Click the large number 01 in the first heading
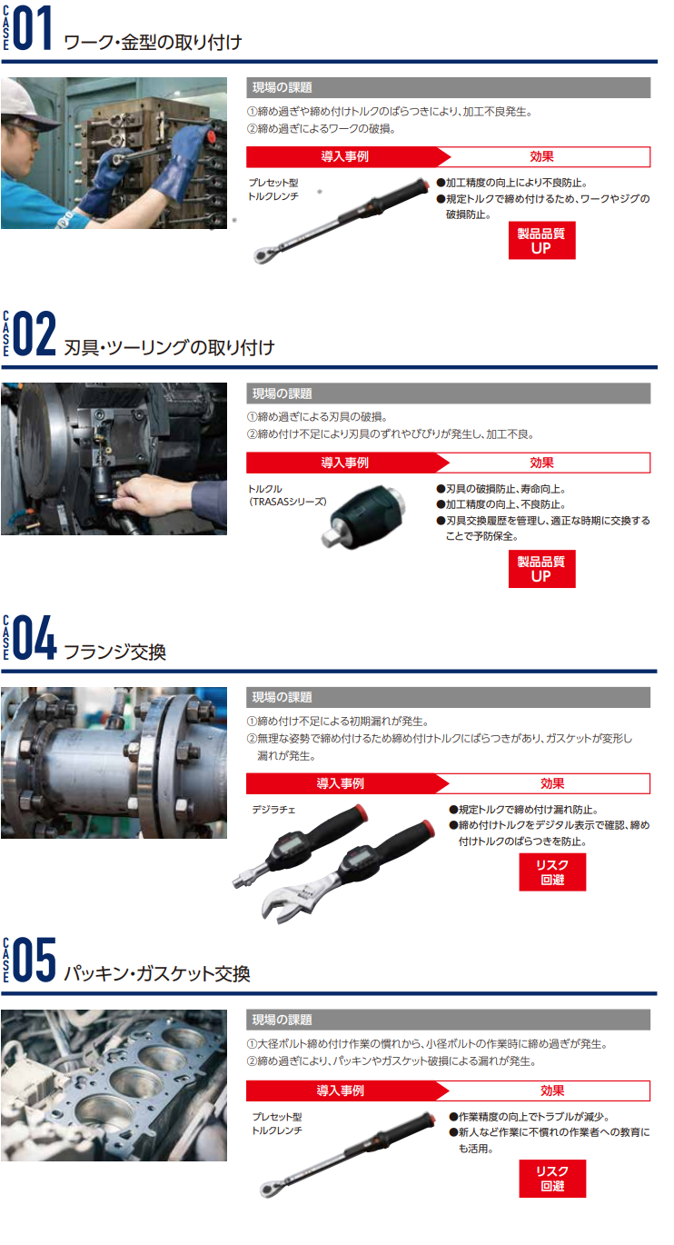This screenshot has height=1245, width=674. point(32,28)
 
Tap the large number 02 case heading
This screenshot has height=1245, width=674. point(34,333)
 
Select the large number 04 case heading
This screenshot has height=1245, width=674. point(35,637)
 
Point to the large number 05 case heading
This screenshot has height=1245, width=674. point(34,960)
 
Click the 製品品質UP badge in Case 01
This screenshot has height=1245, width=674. point(541,240)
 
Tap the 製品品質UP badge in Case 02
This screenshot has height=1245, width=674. point(541,569)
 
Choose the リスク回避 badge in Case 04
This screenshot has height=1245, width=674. point(552,872)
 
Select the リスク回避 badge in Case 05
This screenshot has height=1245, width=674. point(552,1179)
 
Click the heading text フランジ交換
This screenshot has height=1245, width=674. point(115,652)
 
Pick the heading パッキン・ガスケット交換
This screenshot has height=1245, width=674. point(157,973)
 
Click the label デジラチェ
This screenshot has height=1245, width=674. point(273,810)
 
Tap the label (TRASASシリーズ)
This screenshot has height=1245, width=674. point(287,502)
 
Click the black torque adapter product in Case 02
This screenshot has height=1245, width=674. point(363,516)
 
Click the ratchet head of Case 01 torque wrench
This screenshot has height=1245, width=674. point(262,255)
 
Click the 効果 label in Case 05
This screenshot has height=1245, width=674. point(552,1091)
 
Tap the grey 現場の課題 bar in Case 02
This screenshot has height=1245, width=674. point(449,393)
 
